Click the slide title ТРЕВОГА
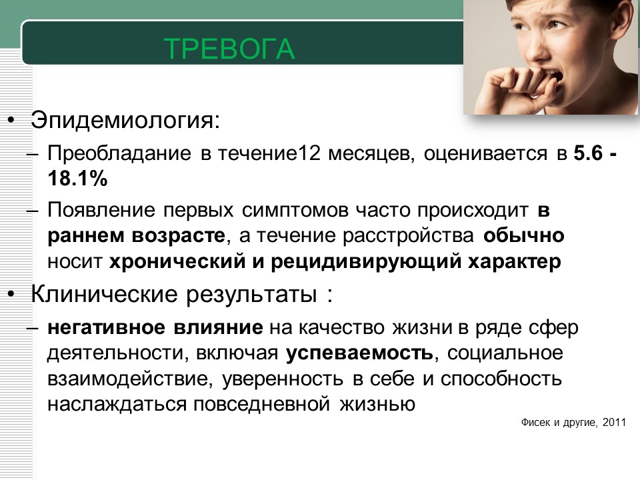(x=229, y=49)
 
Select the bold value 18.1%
(x=77, y=179)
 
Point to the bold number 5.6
(x=588, y=153)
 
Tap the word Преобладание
(x=119, y=154)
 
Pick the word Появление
(x=101, y=211)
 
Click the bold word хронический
(x=177, y=262)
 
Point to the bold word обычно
(x=524, y=236)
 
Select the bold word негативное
(x=106, y=328)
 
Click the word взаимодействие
(x=130, y=379)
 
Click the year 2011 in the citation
(x=614, y=423)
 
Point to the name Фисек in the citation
(x=535, y=423)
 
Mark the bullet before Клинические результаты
(x=11, y=294)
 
